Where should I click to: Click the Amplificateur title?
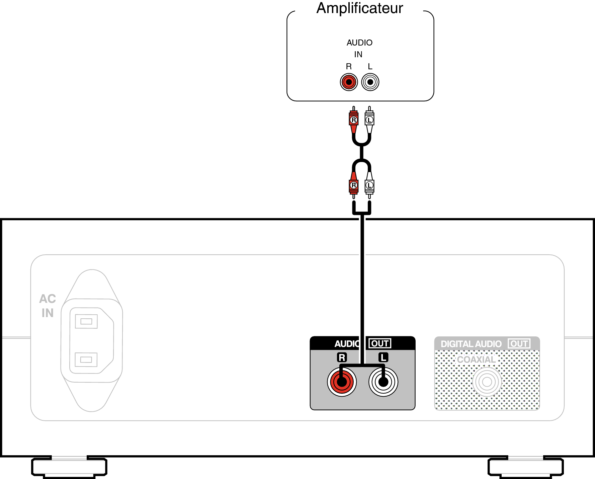(x=360, y=8)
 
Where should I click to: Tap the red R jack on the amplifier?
(x=349, y=82)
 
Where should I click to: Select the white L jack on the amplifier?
(x=370, y=82)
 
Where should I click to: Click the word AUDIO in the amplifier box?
(x=359, y=43)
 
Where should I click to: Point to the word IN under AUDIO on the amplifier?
(x=358, y=54)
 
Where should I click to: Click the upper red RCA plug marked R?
(x=353, y=120)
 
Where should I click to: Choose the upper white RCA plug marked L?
(x=369, y=120)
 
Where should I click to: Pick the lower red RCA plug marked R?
(x=353, y=185)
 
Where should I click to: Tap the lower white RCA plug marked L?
(x=369, y=185)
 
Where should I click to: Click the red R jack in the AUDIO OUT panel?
(x=342, y=382)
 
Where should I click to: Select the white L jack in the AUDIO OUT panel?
(x=383, y=382)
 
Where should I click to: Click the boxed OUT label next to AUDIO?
(x=380, y=343)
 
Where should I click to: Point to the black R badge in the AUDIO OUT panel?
(x=342, y=357)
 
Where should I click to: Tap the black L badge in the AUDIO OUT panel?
(x=383, y=357)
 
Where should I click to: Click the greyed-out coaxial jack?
(x=487, y=382)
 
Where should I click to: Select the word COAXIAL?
(x=476, y=360)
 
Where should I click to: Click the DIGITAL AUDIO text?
(x=471, y=344)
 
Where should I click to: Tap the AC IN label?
(x=48, y=306)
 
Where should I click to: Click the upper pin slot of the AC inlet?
(x=86, y=321)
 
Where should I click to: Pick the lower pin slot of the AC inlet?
(x=86, y=360)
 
